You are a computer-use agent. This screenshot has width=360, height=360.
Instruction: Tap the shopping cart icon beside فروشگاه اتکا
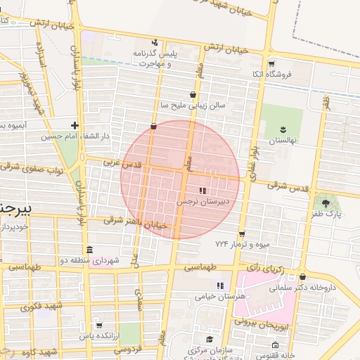click(x=271, y=63)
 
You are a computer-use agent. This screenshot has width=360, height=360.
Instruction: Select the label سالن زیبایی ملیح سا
click(x=193, y=105)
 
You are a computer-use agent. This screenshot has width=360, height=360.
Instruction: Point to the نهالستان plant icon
click(x=283, y=128)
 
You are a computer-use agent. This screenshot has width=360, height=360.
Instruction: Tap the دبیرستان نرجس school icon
click(x=202, y=191)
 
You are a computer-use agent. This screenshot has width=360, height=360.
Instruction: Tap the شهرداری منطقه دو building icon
click(x=89, y=250)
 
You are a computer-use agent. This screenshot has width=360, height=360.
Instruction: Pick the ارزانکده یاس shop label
click(x=96, y=337)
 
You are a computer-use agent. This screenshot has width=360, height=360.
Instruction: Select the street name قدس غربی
click(x=124, y=163)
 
